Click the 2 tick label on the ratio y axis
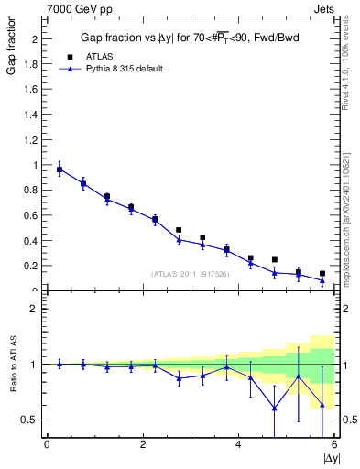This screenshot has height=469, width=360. (34, 309)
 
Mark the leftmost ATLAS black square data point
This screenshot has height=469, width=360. (60, 169)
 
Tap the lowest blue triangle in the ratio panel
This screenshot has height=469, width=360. (275, 409)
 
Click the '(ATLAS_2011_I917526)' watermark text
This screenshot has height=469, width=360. (191, 273)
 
